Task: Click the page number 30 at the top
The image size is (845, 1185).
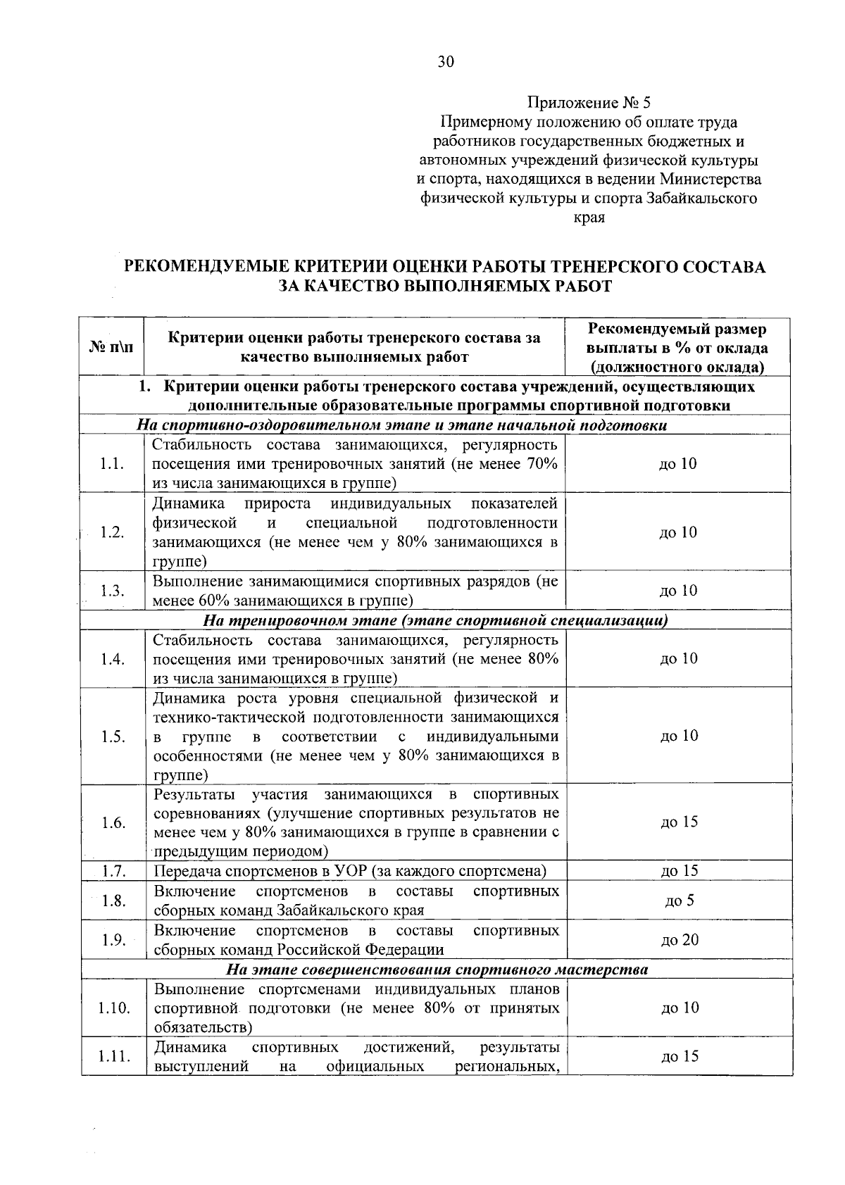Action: click(x=446, y=62)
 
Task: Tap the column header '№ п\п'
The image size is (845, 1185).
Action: click(x=112, y=347)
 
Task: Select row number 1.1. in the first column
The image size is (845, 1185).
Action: click(x=112, y=463)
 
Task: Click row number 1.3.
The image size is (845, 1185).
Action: click(x=112, y=591)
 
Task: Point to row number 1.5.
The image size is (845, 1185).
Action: click(x=113, y=736)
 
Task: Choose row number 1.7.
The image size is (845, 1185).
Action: click(x=113, y=871)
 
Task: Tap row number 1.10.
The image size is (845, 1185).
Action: click(x=113, y=1008)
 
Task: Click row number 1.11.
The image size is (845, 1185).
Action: click(x=113, y=1056)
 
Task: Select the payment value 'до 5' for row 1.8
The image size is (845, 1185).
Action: click(x=680, y=901)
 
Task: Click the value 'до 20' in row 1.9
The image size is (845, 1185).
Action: click(x=680, y=940)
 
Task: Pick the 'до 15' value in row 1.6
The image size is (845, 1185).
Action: click(x=680, y=822)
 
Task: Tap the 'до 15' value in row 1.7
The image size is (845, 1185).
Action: click(x=680, y=871)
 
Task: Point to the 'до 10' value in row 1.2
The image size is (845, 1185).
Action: click(x=678, y=532)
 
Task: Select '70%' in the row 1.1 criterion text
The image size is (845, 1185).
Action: click(x=542, y=463)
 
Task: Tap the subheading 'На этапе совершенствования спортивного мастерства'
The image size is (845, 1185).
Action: click(x=437, y=970)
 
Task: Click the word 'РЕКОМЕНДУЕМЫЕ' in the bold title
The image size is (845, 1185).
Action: click(x=204, y=267)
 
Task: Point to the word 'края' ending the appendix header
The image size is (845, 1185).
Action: click(x=590, y=217)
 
